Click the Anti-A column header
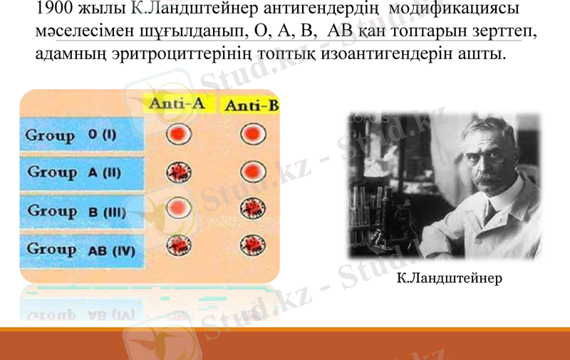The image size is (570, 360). [177, 104]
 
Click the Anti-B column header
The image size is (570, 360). [251, 106]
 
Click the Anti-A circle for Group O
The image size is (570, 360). [178, 133]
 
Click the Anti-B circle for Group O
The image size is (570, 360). [251, 134]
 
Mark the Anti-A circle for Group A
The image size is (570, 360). [178, 172]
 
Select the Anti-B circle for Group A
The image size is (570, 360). [251, 171]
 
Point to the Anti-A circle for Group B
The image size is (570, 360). [178, 208]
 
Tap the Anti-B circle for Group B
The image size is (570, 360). [251, 209]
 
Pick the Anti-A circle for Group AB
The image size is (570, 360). [178, 246]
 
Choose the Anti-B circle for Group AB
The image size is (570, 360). [251, 246]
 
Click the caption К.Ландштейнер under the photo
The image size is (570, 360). [449, 277]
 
